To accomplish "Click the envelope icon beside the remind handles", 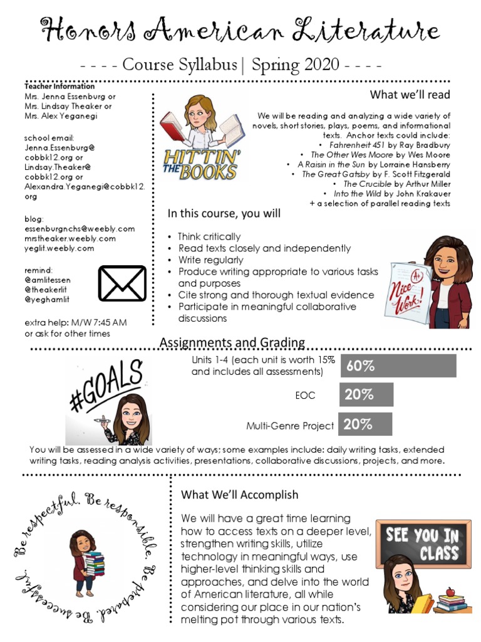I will (122, 283).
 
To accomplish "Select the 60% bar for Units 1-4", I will (398, 366).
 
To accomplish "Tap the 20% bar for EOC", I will (366, 395).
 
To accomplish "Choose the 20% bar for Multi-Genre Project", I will (365, 424).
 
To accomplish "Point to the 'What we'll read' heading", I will (410, 95).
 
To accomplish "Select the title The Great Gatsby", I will (336, 174).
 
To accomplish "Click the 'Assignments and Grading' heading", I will (232, 342).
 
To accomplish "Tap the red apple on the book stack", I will (449, 591).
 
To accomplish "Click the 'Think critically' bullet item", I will (209, 237).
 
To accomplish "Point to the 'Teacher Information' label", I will (59, 87).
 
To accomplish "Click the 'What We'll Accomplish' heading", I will (239, 495).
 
